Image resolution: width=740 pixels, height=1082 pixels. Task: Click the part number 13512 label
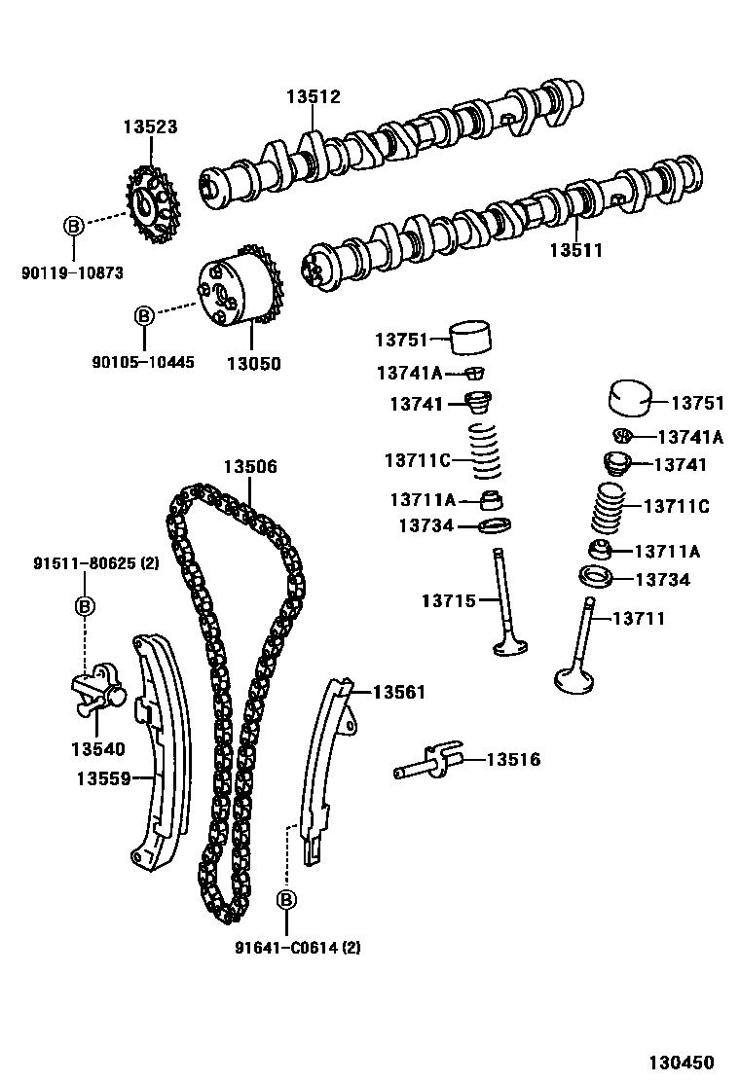click(313, 97)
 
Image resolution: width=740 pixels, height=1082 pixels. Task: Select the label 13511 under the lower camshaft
click(575, 250)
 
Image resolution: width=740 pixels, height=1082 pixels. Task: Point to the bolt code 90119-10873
click(72, 273)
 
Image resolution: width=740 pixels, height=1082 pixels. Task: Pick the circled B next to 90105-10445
click(143, 316)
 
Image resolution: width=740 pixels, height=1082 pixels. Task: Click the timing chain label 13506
click(250, 467)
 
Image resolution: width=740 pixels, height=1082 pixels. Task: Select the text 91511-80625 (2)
click(95, 563)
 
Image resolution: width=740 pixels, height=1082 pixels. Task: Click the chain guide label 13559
click(103, 777)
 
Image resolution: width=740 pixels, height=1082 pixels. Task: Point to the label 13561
click(399, 692)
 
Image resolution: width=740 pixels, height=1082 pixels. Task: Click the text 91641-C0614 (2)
click(296, 947)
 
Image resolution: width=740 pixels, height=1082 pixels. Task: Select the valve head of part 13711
click(574, 678)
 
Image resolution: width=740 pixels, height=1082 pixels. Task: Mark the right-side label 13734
click(662, 580)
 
